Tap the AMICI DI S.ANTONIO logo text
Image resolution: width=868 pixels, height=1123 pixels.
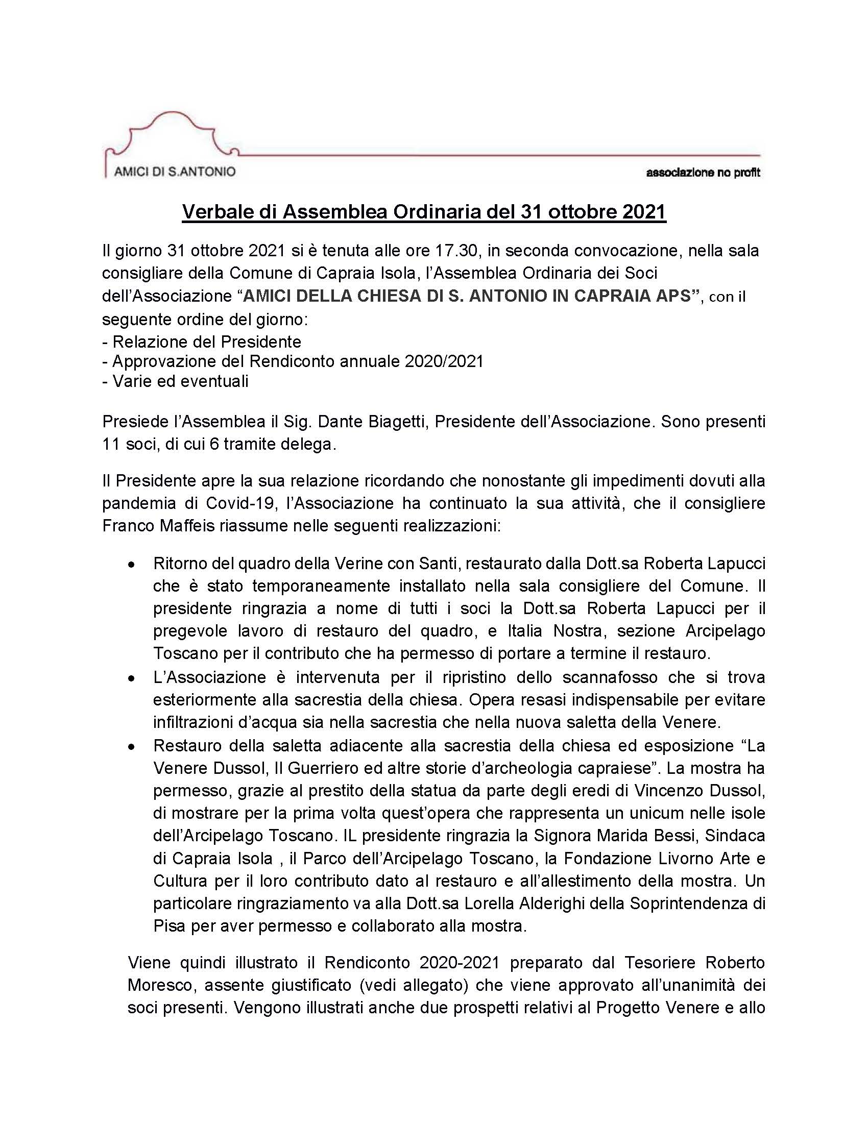tap(174, 172)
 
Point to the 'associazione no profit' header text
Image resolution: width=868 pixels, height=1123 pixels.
tap(703, 173)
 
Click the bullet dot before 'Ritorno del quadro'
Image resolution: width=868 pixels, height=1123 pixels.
tap(132, 565)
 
